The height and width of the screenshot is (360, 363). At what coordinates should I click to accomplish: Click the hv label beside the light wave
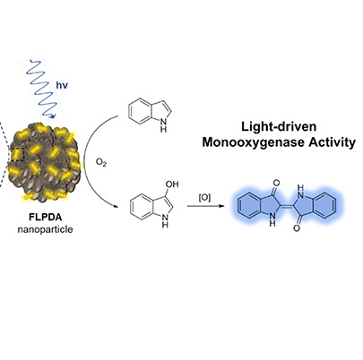62,85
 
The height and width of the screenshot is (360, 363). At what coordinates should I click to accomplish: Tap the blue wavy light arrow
42,89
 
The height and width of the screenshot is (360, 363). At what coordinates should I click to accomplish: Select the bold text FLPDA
45,217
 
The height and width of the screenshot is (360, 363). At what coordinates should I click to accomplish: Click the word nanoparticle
45,229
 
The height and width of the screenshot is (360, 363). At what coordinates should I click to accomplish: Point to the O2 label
101,163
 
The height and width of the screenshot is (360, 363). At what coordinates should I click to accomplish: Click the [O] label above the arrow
204,198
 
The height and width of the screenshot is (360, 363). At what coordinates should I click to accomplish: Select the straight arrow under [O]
205,206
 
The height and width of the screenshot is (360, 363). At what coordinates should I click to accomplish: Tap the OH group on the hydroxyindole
172,184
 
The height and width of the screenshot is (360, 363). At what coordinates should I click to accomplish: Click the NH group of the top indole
163,125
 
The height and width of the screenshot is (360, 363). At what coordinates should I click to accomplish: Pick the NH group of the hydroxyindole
165,220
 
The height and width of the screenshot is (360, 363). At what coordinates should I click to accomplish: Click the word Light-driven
279,127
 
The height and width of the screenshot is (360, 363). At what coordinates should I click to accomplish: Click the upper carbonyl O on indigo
276,183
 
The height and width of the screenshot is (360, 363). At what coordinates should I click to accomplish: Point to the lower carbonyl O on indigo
297,228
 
